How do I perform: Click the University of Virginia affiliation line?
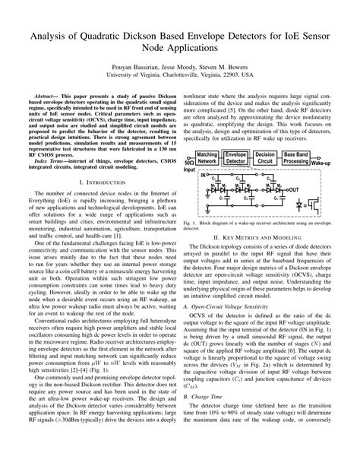point(180,75)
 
